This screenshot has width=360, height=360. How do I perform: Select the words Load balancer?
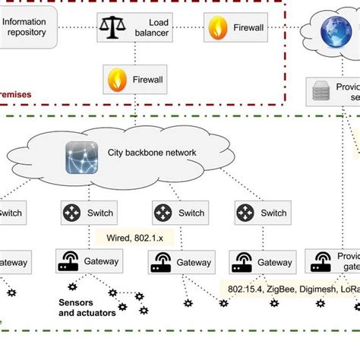pos(153,28)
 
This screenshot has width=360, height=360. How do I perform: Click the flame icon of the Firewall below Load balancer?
pos(118,79)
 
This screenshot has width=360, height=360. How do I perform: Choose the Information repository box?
pos(28,27)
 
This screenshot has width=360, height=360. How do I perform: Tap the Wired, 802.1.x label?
pos(134,238)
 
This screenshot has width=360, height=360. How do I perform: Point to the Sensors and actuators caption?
pos(87,307)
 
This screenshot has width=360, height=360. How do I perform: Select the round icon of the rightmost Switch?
pos(246,213)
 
